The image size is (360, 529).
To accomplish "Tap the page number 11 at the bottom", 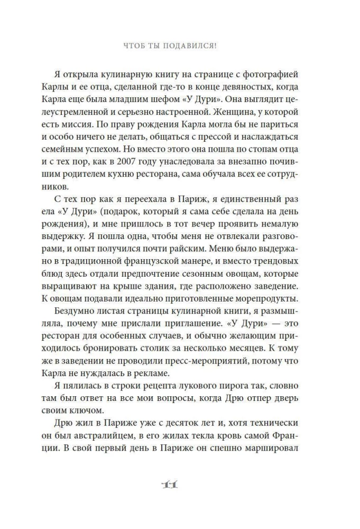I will [179, 486].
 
